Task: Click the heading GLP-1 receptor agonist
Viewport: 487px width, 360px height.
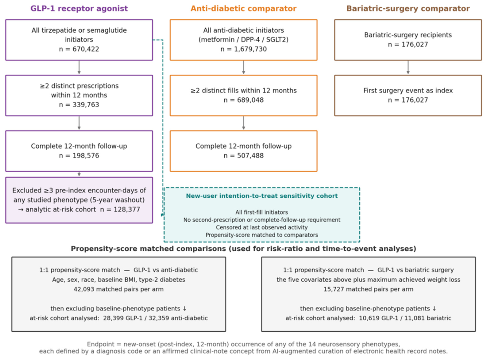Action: point(79,9)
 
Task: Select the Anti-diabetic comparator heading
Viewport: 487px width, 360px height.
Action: point(243,9)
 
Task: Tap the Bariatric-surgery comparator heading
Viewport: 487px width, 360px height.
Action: point(408,9)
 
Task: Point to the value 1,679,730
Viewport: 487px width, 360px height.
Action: point(250,49)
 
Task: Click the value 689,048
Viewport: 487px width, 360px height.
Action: point(250,100)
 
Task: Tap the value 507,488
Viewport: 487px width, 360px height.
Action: point(250,156)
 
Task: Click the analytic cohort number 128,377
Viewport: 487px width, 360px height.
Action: point(127,209)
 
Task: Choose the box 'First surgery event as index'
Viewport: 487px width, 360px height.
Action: point(408,96)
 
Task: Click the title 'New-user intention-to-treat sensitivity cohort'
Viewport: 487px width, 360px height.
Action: point(262,196)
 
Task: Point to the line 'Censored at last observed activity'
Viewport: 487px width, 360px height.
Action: point(262,227)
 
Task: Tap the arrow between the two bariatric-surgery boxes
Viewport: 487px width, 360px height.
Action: point(408,67)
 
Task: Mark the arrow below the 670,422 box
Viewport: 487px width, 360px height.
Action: point(79,67)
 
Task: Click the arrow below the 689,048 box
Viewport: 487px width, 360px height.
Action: point(243,123)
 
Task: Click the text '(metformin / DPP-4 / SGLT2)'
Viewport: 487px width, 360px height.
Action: point(243,40)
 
